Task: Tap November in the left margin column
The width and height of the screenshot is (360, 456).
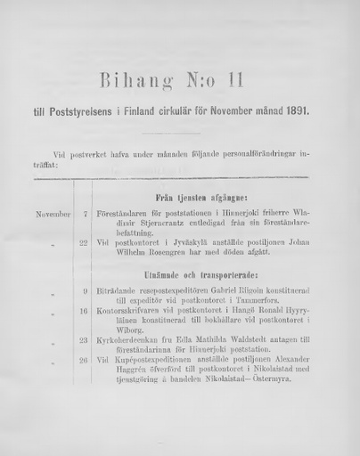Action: pos(53,215)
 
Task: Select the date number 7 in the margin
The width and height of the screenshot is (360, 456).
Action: pos(85,215)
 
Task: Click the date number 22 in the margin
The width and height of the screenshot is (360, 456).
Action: pos(83,242)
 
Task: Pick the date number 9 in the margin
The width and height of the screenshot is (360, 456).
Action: pos(85,291)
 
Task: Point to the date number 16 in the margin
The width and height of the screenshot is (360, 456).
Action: pos(83,311)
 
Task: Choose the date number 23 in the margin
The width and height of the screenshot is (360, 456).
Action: pos(83,339)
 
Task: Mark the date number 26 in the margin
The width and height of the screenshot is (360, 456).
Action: pos(83,360)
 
